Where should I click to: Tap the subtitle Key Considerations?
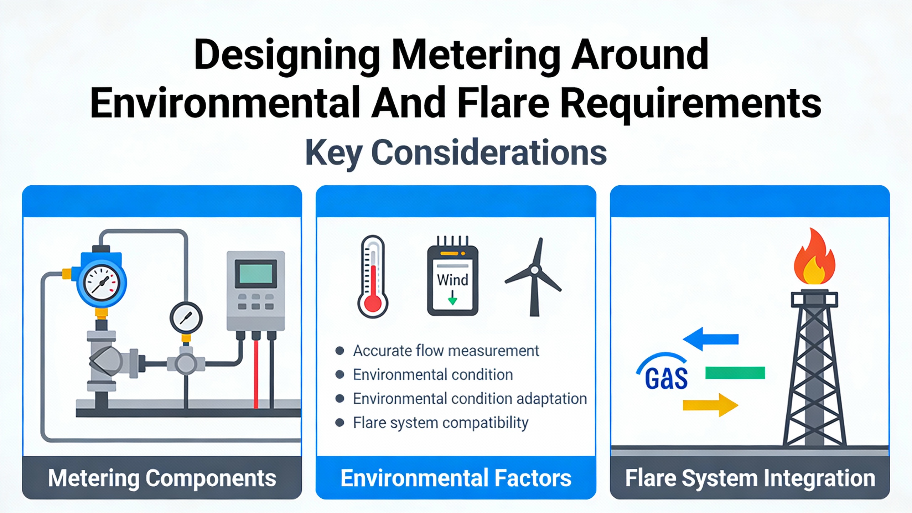[456, 153]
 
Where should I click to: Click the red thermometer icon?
[373, 277]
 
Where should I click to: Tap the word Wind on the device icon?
[452, 280]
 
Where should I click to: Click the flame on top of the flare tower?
[814, 256]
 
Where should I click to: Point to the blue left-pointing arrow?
[711, 339]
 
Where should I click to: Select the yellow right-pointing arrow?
[710, 405]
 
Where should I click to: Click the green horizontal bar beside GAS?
[735, 373]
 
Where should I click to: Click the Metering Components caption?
[162, 478]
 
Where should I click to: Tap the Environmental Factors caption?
[456, 478]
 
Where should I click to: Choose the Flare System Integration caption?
[750, 478]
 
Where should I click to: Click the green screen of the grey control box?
[256, 274]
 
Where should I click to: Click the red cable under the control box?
[256, 374]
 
